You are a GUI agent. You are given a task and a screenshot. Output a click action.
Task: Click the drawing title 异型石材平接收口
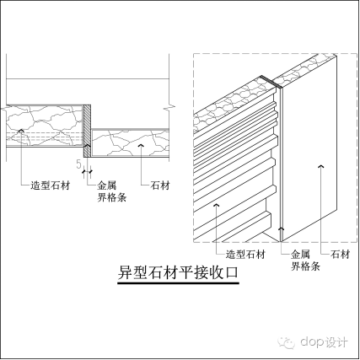pos(178,274)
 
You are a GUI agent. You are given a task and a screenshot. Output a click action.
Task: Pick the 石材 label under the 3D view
pos(341,253)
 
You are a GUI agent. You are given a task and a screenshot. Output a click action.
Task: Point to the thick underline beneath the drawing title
pos(178,284)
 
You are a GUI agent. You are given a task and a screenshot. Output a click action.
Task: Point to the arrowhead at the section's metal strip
pos(89,163)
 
